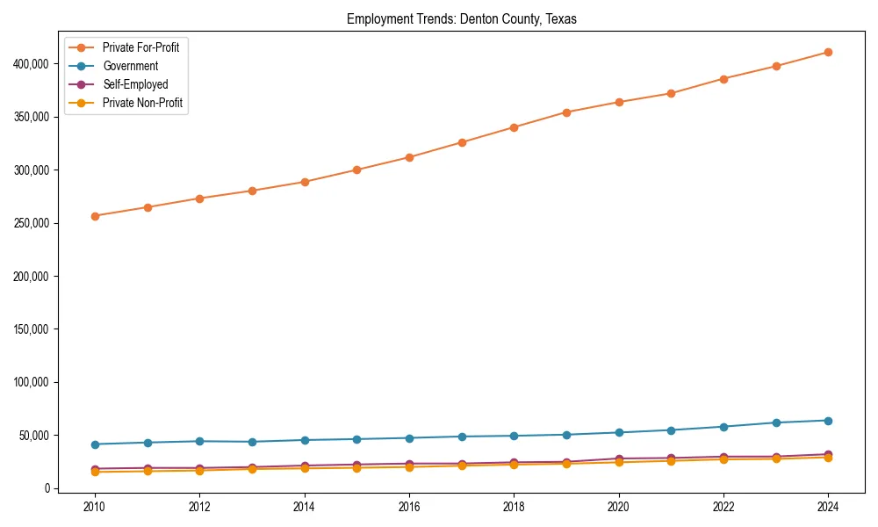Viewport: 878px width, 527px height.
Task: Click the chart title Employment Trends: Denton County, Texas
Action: pos(461,19)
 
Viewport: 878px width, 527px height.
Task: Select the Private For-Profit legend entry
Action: pos(140,47)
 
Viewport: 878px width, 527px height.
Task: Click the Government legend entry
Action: pos(130,66)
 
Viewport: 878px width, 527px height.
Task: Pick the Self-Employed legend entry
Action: pos(134,84)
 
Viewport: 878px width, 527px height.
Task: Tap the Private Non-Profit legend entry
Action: pos(142,103)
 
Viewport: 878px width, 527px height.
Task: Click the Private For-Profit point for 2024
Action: pos(828,52)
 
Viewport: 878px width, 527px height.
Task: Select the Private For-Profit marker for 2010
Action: pos(95,216)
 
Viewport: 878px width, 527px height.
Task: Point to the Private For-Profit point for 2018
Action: pos(514,127)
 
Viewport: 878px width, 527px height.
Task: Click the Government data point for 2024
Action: pos(828,421)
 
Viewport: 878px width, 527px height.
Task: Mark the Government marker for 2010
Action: pos(95,444)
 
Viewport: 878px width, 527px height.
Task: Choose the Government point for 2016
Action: pos(409,438)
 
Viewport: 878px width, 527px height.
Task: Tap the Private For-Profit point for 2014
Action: pos(305,182)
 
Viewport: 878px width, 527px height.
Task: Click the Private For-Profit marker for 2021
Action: pos(671,93)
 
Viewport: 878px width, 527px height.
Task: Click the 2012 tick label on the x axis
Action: pos(199,507)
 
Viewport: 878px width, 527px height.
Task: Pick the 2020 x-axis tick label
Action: pos(619,507)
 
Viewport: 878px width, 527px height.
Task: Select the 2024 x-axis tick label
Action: pos(828,507)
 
